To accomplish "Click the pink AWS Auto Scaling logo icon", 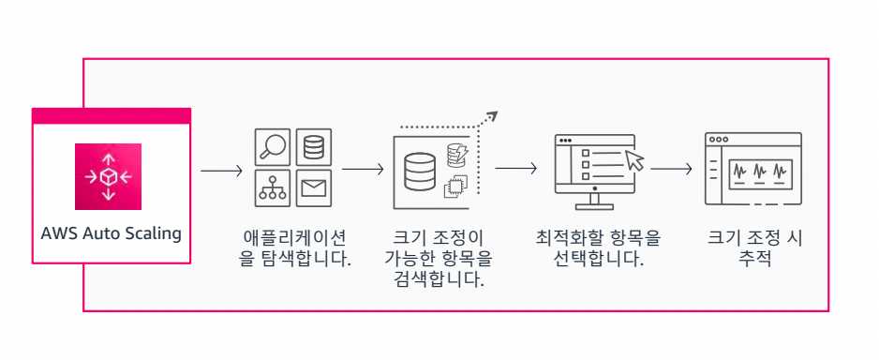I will point(109,175).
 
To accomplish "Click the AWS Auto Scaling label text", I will point(111,233).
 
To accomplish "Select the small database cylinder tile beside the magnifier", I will point(314,148).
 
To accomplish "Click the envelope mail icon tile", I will point(314,188).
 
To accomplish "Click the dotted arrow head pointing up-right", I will point(492,116).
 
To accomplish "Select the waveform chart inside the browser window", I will point(760,172).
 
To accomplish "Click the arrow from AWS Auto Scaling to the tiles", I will point(222,172).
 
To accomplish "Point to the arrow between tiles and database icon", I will point(363,171).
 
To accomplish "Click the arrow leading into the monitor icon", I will point(515,169).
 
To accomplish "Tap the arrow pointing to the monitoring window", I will point(671,170).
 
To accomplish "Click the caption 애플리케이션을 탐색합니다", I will point(295,248).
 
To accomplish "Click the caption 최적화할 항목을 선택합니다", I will point(598,248).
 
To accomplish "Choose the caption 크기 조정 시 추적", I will point(755,248).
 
